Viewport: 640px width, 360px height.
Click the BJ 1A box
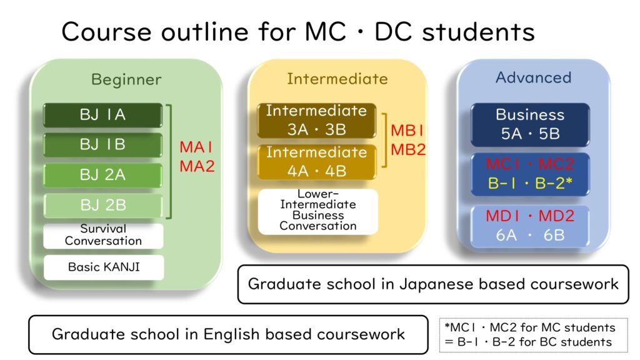point(103,115)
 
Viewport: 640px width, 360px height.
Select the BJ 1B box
point(103,144)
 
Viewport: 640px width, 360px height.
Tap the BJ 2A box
point(103,175)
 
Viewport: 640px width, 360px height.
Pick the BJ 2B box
point(103,205)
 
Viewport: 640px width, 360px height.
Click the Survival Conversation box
point(103,235)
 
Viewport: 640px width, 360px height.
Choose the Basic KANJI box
point(104,267)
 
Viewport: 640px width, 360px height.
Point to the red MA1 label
point(196,147)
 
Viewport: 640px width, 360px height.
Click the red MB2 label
point(408,150)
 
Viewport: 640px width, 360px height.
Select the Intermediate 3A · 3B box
point(317,121)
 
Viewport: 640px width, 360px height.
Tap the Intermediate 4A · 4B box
point(317,162)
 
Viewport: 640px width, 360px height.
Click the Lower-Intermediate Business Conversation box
point(318,211)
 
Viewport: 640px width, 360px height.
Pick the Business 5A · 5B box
point(530,124)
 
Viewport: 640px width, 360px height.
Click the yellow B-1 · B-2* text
point(530,183)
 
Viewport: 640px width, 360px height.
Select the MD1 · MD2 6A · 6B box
point(530,226)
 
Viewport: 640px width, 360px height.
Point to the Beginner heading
point(126,79)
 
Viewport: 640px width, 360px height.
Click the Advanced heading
point(534,77)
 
